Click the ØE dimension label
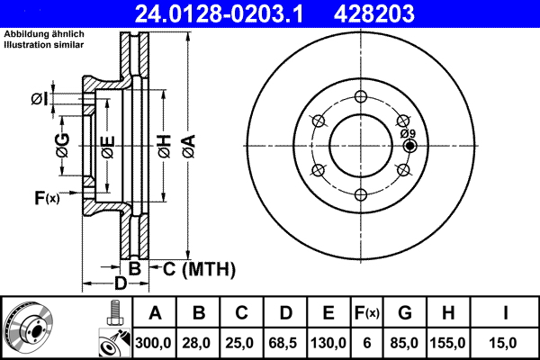(107, 145)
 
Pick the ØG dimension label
(62, 145)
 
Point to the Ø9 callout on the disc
(409, 133)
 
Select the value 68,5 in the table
(286, 342)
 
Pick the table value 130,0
(329, 342)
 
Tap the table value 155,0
(448, 342)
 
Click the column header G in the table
(405, 313)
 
